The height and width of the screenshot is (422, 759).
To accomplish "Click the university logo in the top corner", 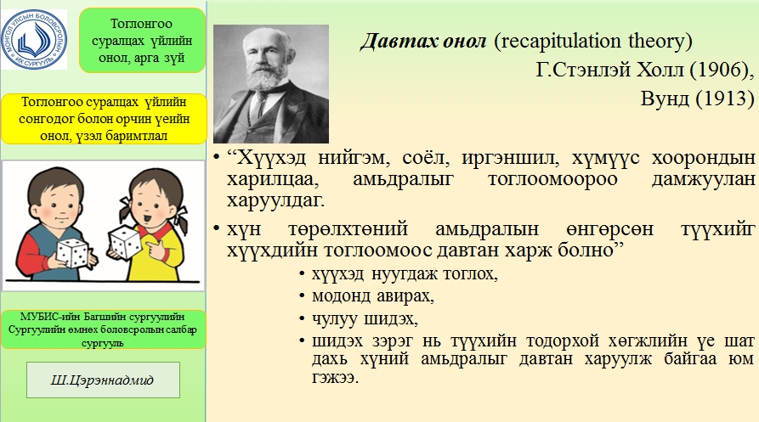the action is tap(34, 39).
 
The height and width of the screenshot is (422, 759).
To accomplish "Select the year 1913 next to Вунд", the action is tap(725, 98).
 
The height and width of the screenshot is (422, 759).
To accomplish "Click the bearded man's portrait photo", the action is tap(271, 84).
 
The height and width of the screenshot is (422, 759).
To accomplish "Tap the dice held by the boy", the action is tap(72, 252).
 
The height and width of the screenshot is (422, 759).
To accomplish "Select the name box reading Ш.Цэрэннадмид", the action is tap(103, 380).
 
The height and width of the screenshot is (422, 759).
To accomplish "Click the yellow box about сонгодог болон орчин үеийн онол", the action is tap(104, 119).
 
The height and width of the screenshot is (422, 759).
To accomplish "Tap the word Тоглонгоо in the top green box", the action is tap(141, 24).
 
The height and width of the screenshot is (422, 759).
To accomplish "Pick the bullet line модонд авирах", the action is tap(373, 295).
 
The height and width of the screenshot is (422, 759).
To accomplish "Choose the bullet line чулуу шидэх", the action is tap(365, 318).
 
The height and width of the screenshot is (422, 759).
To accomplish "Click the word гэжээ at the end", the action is tap(335, 378).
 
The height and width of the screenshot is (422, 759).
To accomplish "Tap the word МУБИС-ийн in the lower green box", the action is tap(50, 317).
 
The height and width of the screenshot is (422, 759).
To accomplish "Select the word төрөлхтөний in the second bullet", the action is tap(348, 229).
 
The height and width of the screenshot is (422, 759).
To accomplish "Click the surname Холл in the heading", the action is tap(662, 70).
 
